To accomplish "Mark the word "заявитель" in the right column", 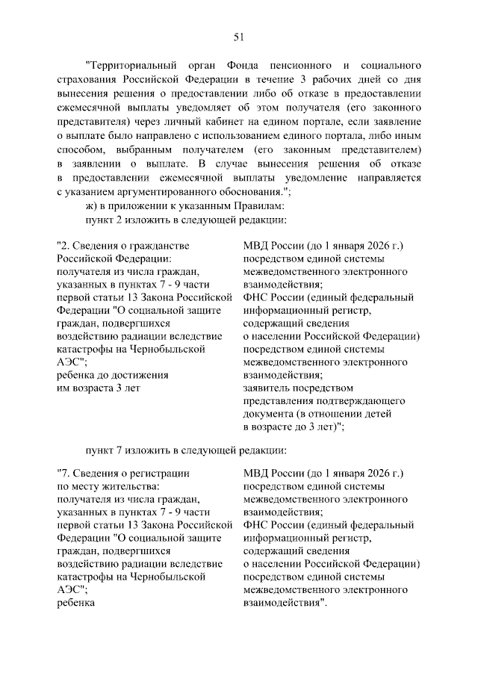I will pyautogui.click(x=268, y=387).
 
